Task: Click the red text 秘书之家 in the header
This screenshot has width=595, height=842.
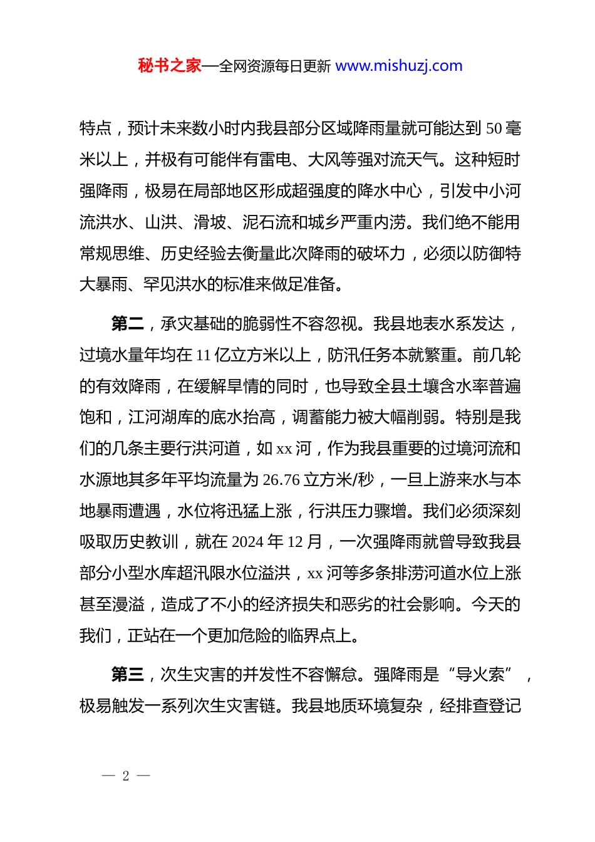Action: point(169,66)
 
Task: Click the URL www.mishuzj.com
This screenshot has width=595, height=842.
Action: point(399,66)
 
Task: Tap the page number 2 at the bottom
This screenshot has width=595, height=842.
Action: point(126,776)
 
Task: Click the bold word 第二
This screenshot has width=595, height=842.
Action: point(127,324)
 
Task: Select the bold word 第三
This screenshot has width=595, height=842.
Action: point(127,675)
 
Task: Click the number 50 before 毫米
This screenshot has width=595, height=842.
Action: point(494,129)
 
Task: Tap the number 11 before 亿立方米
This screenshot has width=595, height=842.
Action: point(203,356)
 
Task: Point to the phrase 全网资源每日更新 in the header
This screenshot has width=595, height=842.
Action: point(274,66)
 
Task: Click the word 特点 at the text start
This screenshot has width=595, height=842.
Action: point(96,129)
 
